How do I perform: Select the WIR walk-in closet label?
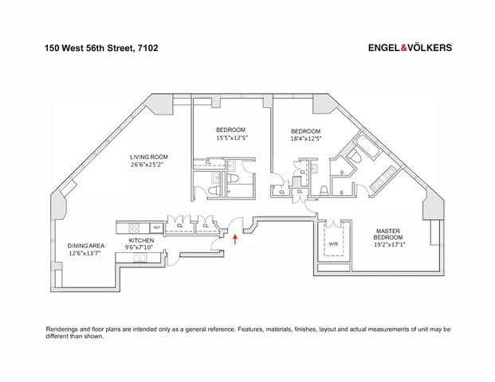click(333, 244)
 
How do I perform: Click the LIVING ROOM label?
click(151, 158)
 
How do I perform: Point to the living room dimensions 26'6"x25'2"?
click(151, 166)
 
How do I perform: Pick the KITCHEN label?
click(142, 240)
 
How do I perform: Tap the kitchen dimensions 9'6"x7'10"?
click(142, 248)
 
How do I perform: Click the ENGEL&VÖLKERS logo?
click(410, 48)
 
